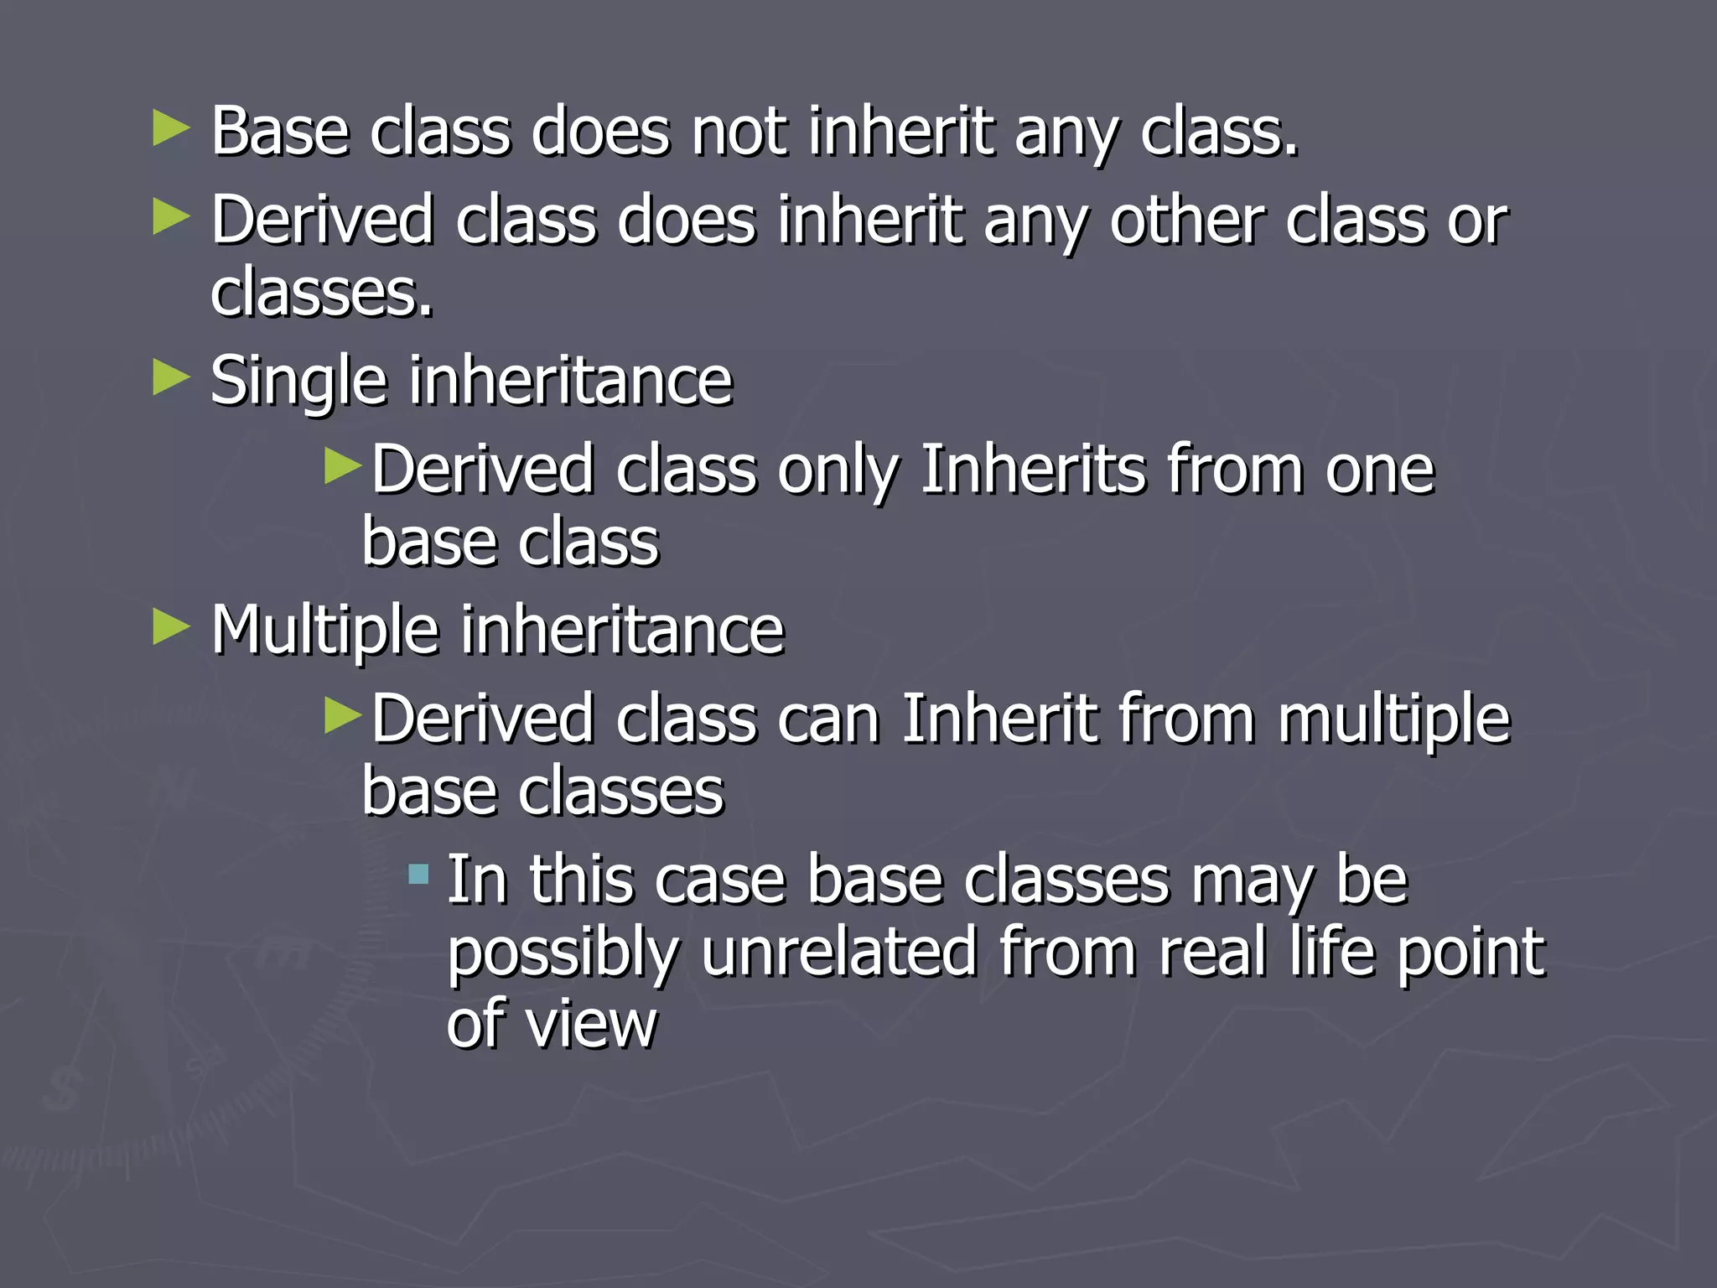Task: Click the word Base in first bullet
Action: [279, 132]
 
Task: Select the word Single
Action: [298, 382]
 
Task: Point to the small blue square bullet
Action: [418, 875]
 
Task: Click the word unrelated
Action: [839, 953]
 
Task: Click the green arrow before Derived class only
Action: [342, 466]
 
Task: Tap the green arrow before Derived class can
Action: [342, 715]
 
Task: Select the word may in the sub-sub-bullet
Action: [1249, 883]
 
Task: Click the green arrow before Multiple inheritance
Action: [172, 627]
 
